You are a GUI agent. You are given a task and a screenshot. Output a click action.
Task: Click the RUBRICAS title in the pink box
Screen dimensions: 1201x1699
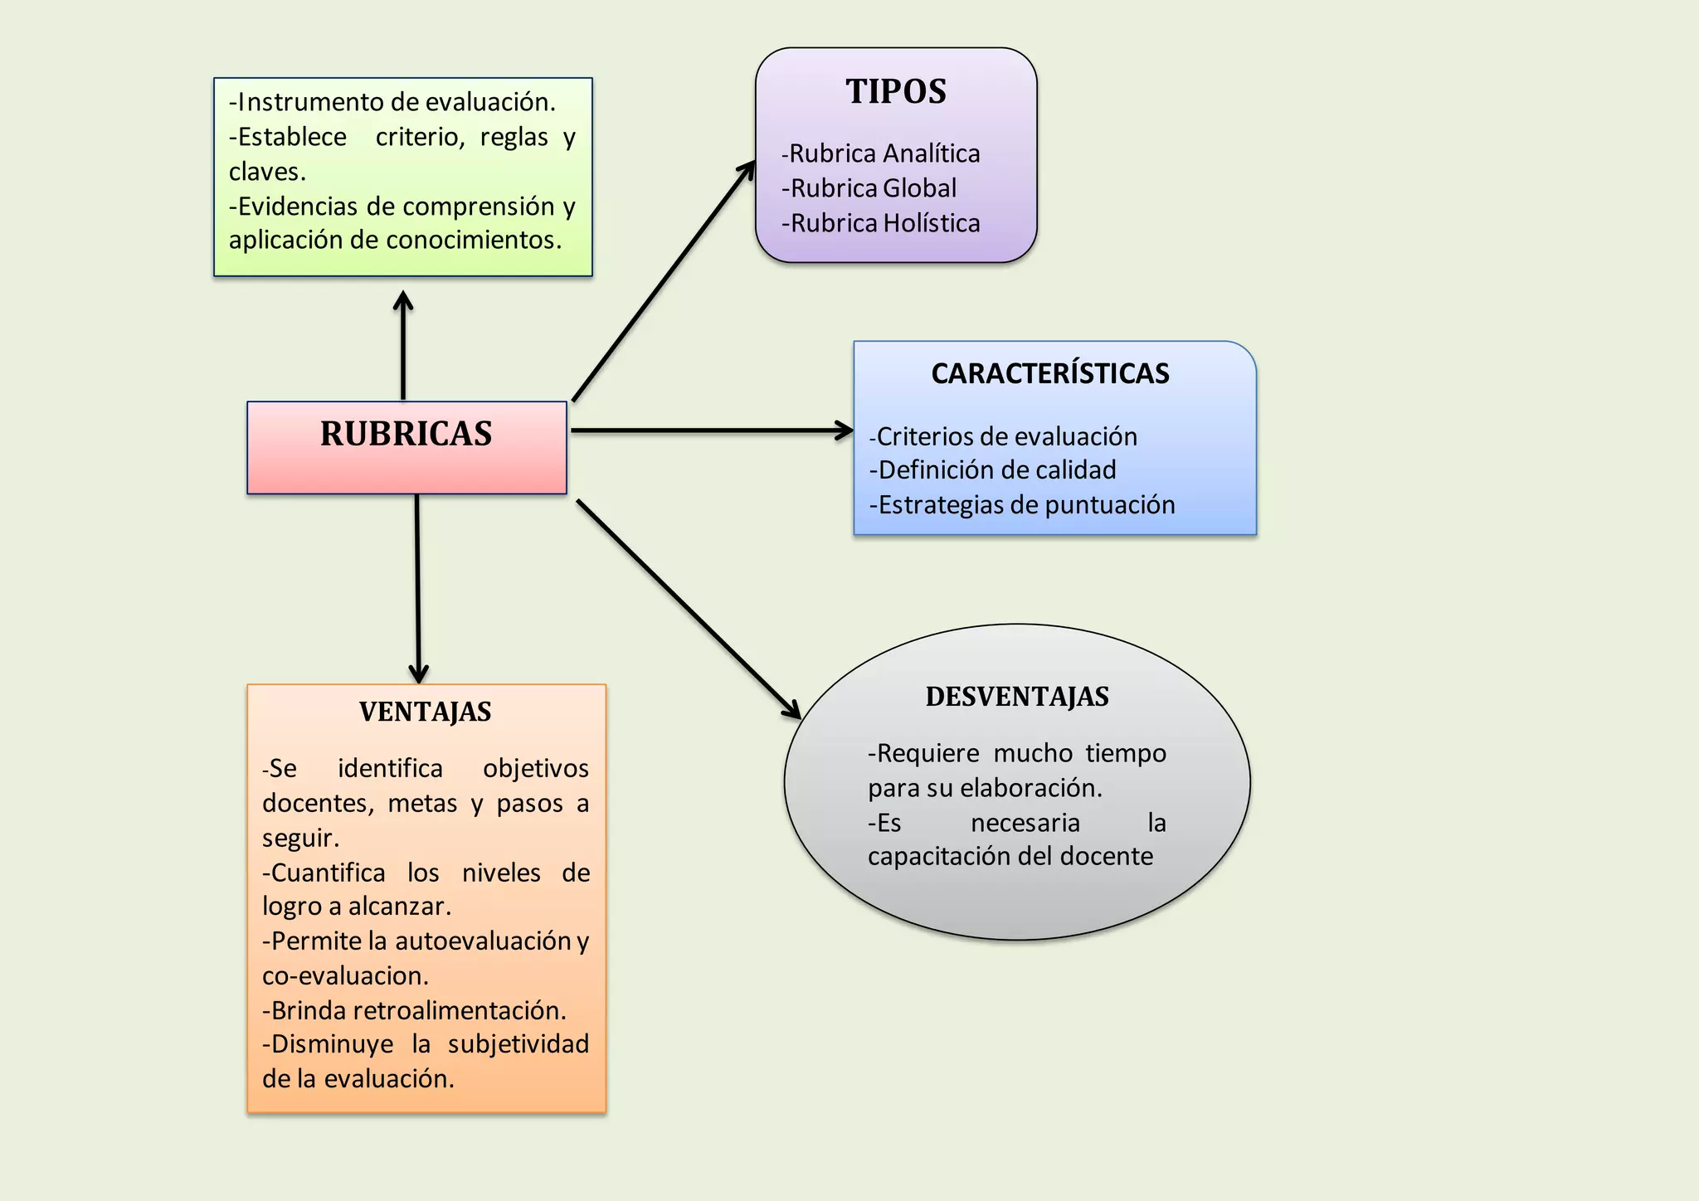click(x=406, y=434)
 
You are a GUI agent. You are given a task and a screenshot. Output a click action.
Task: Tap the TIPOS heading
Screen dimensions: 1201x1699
click(x=896, y=91)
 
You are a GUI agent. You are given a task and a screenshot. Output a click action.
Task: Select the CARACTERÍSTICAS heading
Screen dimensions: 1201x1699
click(x=1050, y=373)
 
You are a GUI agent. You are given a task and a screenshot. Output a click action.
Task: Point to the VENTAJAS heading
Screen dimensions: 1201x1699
click(x=426, y=712)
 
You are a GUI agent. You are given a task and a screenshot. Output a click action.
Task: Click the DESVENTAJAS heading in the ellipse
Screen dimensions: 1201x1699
click(x=1017, y=697)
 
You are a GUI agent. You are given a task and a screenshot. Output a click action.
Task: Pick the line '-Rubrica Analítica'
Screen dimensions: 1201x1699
click(x=880, y=153)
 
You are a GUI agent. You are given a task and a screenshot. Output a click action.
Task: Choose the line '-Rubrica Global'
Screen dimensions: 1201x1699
click(x=869, y=188)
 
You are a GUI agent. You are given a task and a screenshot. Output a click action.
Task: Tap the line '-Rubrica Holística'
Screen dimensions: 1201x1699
click(x=880, y=223)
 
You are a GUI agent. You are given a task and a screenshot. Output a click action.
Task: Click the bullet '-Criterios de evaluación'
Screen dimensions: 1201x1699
click(x=1003, y=436)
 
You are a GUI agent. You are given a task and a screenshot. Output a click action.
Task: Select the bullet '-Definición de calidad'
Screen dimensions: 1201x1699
click(x=992, y=470)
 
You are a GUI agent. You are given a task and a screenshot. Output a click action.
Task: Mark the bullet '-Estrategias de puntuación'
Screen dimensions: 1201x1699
click(x=1022, y=505)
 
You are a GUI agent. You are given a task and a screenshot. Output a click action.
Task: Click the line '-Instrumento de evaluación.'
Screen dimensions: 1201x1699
click(x=392, y=102)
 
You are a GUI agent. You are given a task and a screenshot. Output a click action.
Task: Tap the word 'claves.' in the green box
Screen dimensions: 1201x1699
click(x=267, y=172)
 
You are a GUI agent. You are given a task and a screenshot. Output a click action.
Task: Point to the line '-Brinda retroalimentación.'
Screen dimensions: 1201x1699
click(x=414, y=1010)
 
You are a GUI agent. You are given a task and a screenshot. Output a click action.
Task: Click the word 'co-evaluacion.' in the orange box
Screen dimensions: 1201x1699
click(x=345, y=975)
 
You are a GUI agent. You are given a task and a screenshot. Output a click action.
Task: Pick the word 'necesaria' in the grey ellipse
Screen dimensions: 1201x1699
click(x=1025, y=823)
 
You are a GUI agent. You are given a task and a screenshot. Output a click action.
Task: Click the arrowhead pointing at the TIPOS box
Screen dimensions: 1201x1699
click(x=748, y=168)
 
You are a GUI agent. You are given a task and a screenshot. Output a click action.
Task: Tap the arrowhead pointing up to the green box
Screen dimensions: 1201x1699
click(x=403, y=299)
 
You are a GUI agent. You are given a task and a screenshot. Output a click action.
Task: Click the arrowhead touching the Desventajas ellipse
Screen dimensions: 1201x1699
click(x=793, y=711)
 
